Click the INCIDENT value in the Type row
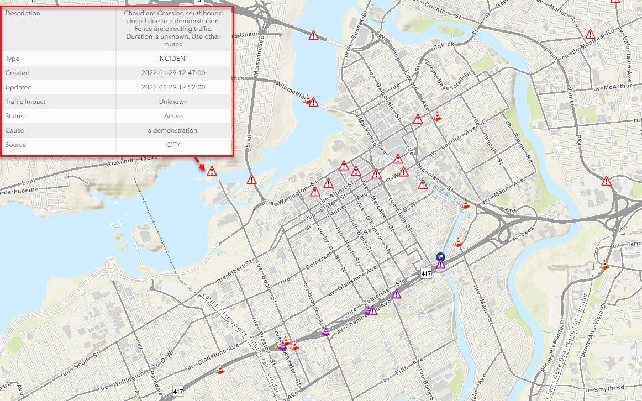click(x=173, y=59)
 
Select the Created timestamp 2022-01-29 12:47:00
click(x=173, y=73)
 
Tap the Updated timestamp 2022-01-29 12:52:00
click(x=173, y=87)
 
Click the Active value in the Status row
click(x=173, y=116)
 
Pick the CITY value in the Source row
click(x=173, y=145)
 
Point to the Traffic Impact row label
click(x=25, y=102)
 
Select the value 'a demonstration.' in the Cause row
click(x=173, y=130)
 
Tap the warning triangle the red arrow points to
click(x=212, y=171)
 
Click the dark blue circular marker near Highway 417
click(x=440, y=256)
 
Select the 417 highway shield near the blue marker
click(x=425, y=273)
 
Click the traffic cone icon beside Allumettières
click(x=307, y=98)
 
